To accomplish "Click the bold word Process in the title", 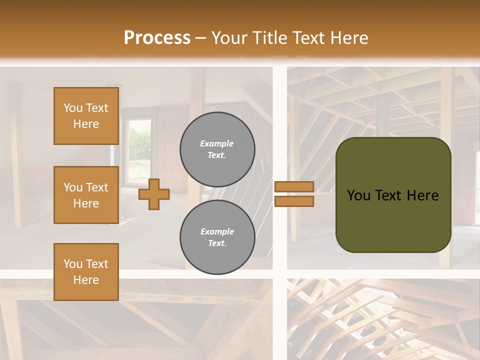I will coord(157,38).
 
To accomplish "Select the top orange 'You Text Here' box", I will coord(86,116).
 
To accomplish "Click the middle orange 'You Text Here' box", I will coord(86,195).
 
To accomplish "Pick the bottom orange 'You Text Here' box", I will coord(86,272).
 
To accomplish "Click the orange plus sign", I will coord(153,194).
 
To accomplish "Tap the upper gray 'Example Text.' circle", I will coord(217,149).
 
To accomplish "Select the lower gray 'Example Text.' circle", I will coord(217,237).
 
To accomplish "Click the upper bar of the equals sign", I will coord(294,186).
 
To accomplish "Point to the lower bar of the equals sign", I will coord(294,201).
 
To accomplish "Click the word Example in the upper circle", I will coord(216,143).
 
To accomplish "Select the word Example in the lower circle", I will coord(217,231).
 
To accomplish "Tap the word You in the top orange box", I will coord(73,108).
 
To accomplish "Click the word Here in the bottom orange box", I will coord(86,280).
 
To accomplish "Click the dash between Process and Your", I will coord(201,38).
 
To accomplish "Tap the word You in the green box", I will coord(358,195).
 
